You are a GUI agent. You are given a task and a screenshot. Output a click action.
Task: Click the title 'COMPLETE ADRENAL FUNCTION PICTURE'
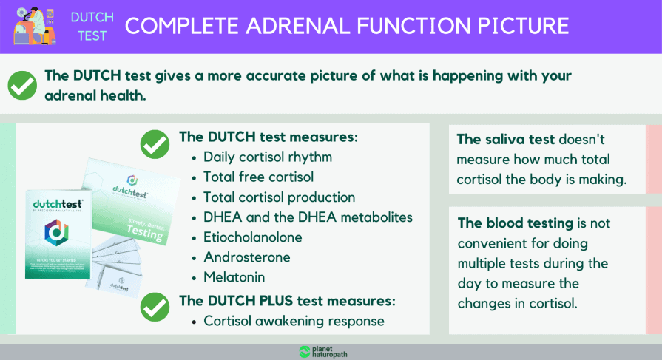coord(346,27)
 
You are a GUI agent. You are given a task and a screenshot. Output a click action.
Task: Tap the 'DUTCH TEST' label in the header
coord(92,27)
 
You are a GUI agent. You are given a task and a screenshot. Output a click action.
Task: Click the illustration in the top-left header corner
coord(34,26)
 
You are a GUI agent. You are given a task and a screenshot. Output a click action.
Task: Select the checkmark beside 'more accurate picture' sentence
coord(22,86)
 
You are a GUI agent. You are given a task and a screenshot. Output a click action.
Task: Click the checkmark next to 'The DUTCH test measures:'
coord(155,143)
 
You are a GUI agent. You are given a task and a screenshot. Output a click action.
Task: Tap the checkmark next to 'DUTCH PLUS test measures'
coord(155,305)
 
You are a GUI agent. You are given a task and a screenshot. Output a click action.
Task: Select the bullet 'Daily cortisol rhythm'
coord(267,157)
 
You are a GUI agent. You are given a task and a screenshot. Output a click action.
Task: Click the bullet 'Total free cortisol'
coord(258,177)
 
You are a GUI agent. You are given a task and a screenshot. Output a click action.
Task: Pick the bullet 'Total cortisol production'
coord(279,197)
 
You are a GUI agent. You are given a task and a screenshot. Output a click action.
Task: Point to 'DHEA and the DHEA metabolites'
coord(308,217)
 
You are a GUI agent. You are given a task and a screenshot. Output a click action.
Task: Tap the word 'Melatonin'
coord(234,277)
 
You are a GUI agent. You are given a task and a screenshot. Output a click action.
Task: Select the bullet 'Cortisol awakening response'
coord(294,321)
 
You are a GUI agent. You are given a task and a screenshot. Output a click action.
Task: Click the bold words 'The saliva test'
coord(505,139)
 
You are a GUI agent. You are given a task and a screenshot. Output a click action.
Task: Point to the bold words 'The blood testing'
coord(514,223)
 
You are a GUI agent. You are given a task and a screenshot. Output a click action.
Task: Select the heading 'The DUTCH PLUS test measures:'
coord(287,301)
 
